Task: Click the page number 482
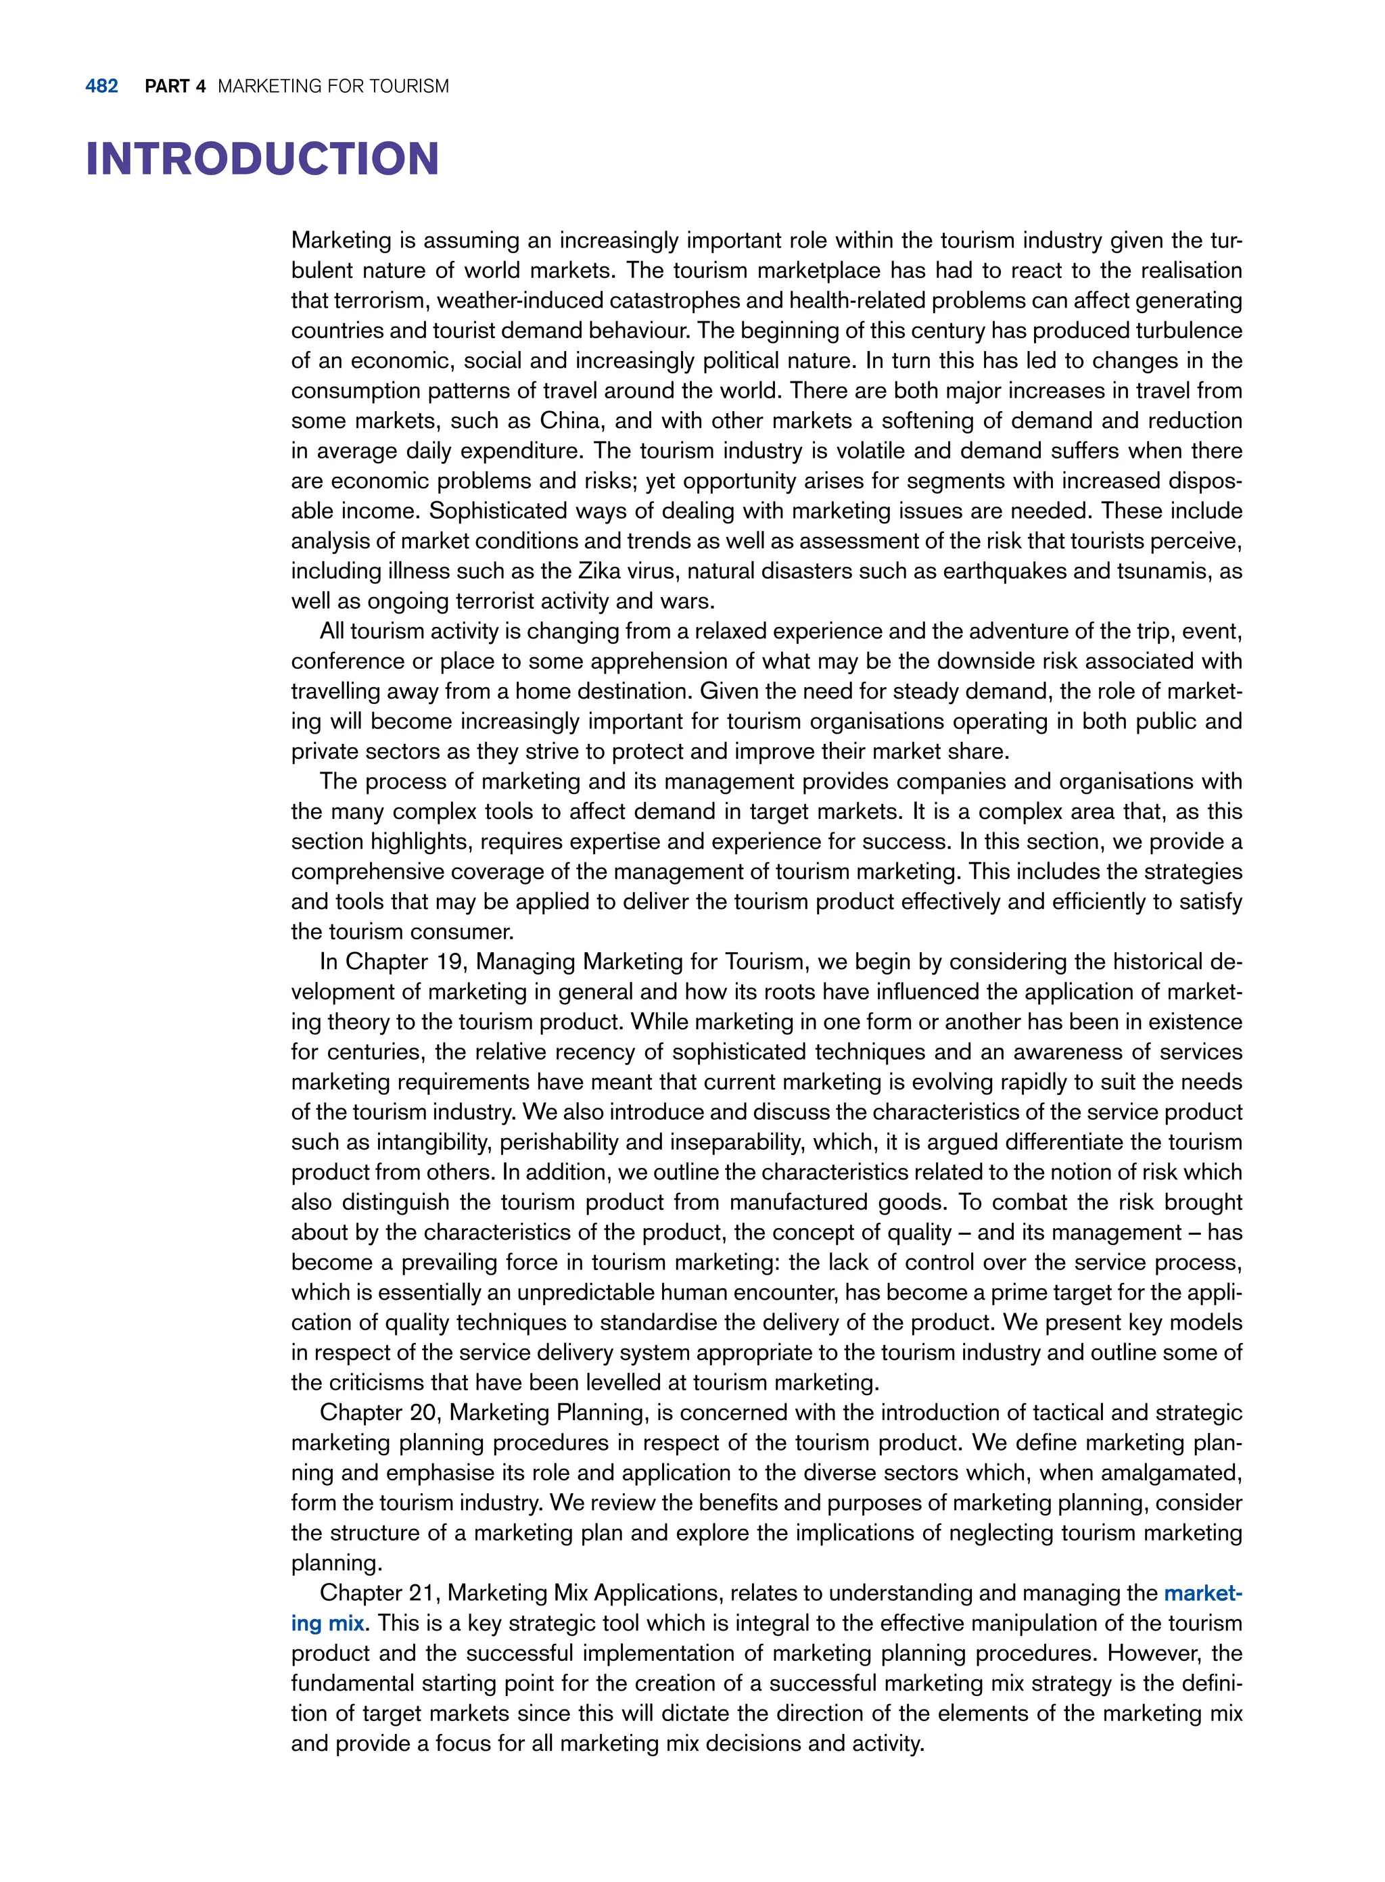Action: click(x=101, y=87)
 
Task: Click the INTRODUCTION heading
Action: click(x=262, y=160)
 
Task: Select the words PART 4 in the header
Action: click(x=174, y=87)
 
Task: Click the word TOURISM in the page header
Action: click(x=409, y=87)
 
